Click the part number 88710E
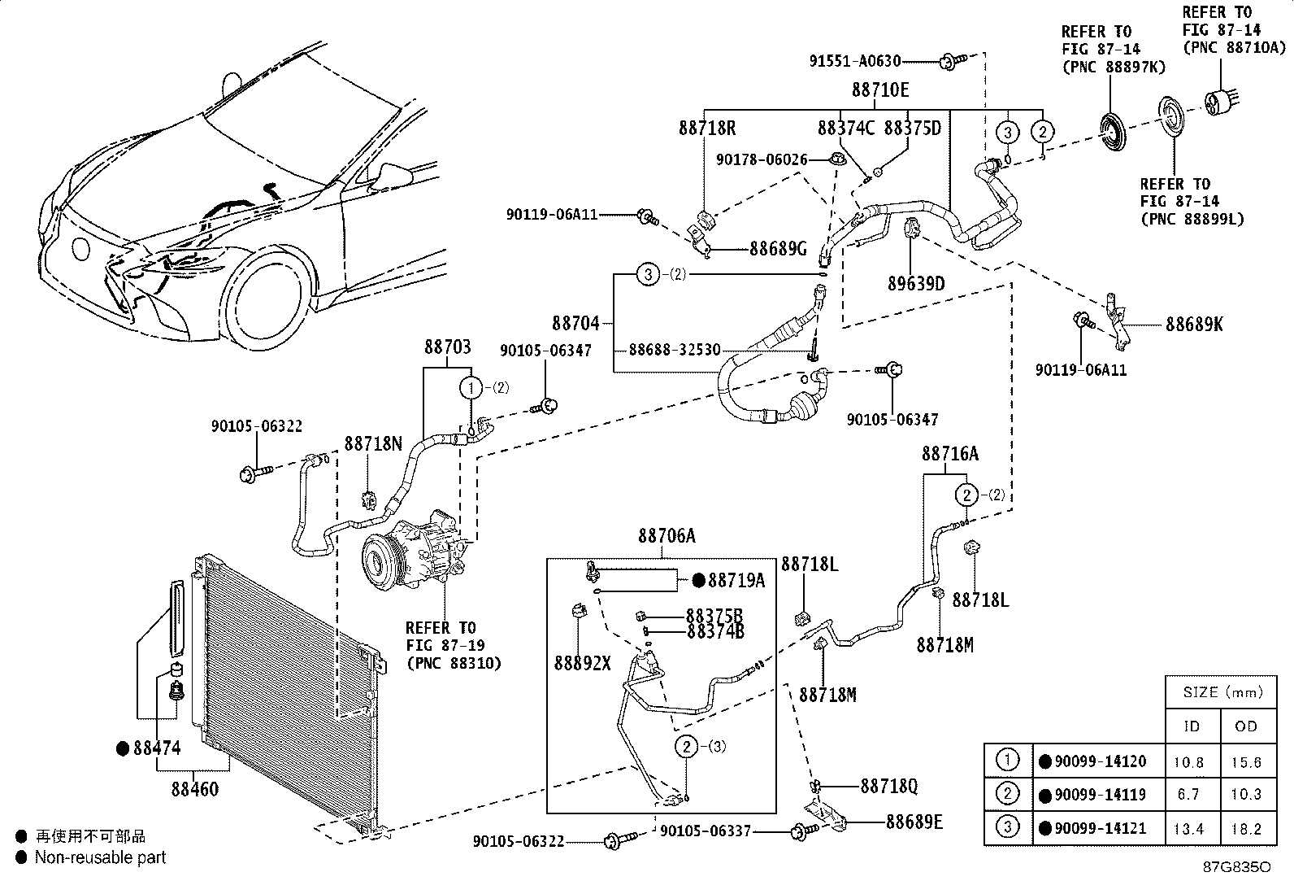[x=880, y=89]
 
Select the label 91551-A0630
[x=855, y=61]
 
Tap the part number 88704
[x=576, y=323]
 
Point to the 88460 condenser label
[x=195, y=789]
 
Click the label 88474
[x=157, y=748]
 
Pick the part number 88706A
[x=667, y=535]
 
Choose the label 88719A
[x=736, y=580]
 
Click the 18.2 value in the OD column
[x=1246, y=829]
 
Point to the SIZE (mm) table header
[x=1223, y=692]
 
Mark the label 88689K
[x=1194, y=324]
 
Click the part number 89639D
[x=916, y=283]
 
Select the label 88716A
[x=950, y=454]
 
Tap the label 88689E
[x=914, y=822]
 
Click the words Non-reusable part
[x=101, y=857]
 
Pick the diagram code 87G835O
[x=1237, y=867]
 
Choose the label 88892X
[x=582, y=663]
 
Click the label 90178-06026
[x=762, y=159]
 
